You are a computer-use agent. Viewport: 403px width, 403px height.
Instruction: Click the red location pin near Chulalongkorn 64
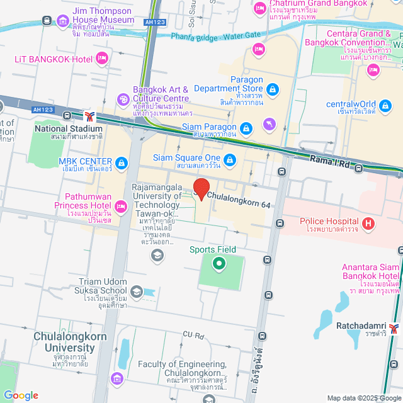click(x=201, y=188)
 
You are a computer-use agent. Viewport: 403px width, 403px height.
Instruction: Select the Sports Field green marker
click(x=219, y=264)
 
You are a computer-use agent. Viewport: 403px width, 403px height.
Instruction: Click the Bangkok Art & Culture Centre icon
click(x=123, y=99)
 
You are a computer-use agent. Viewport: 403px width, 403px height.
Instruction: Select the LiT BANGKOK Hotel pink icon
click(x=103, y=59)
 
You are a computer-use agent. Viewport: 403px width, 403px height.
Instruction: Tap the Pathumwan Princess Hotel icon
click(x=121, y=205)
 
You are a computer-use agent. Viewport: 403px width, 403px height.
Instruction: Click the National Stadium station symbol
click(x=91, y=116)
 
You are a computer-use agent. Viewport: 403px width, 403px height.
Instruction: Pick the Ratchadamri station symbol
click(x=394, y=327)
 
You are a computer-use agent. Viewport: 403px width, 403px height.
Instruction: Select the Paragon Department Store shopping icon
click(x=271, y=91)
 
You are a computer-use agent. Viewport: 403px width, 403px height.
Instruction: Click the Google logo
click(x=21, y=395)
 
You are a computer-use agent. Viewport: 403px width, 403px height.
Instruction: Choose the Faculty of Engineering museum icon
click(x=116, y=378)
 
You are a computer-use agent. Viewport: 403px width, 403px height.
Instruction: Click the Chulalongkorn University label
click(x=65, y=342)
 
